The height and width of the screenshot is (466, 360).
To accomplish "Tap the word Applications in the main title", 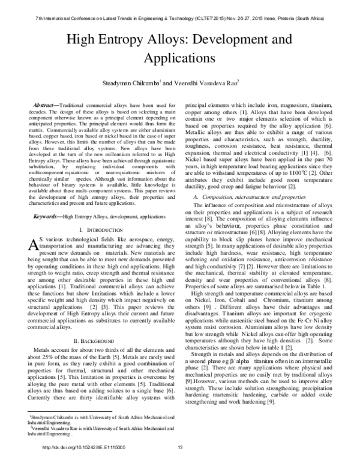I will coord(179,59).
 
